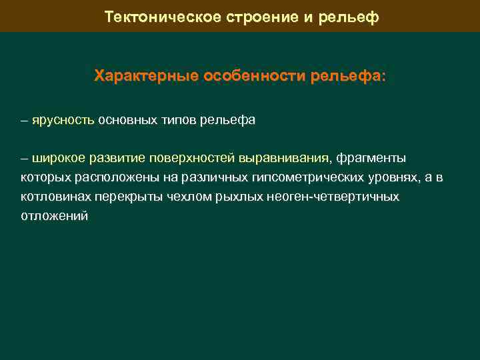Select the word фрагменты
(x=371, y=159)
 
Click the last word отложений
(x=54, y=217)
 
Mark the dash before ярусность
(x=25, y=121)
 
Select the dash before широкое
(x=25, y=159)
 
